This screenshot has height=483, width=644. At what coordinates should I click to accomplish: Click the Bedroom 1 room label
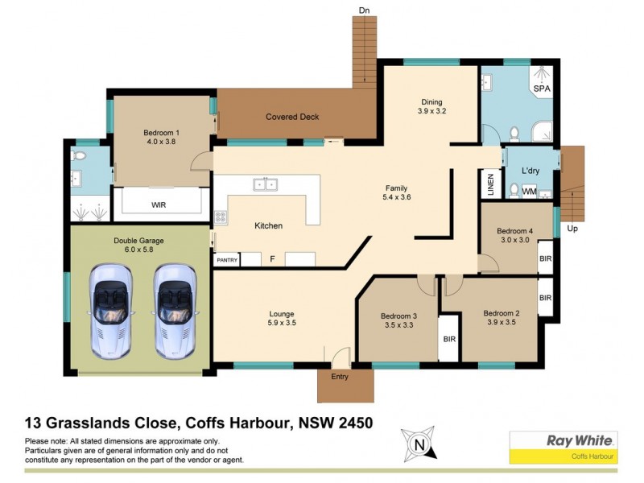click(161, 133)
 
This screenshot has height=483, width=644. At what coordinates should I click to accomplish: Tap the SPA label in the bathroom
click(541, 89)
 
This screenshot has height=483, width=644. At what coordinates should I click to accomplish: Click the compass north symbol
click(418, 444)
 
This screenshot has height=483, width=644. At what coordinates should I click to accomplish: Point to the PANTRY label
click(225, 261)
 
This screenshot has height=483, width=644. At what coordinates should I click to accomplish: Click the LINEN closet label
click(489, 184)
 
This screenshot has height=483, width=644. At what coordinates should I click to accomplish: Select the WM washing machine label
click(529, 192)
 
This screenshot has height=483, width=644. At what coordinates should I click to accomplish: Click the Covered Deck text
click(292, 117)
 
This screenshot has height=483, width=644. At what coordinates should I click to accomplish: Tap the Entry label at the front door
click(340, 376)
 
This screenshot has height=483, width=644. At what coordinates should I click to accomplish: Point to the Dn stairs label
click(364, 10)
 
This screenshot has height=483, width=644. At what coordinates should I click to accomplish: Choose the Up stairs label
click(572, 229)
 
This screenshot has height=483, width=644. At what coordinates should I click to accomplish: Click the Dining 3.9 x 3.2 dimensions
click(432, 112)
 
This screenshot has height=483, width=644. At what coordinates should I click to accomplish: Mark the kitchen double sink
click(265, 184)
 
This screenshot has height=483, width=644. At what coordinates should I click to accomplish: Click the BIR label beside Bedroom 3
click(449, 339)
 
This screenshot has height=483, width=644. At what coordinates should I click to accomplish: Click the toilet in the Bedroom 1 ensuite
click(80, 155)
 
